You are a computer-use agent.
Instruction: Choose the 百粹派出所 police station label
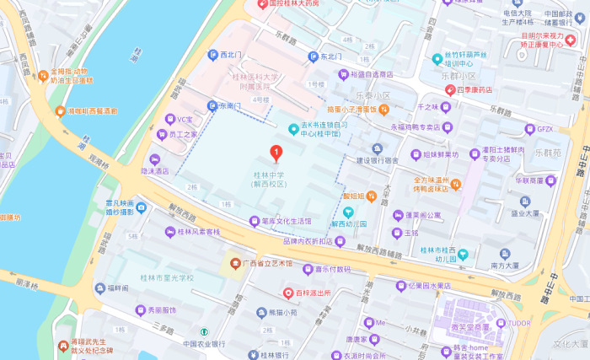click(x=313, y=293)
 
